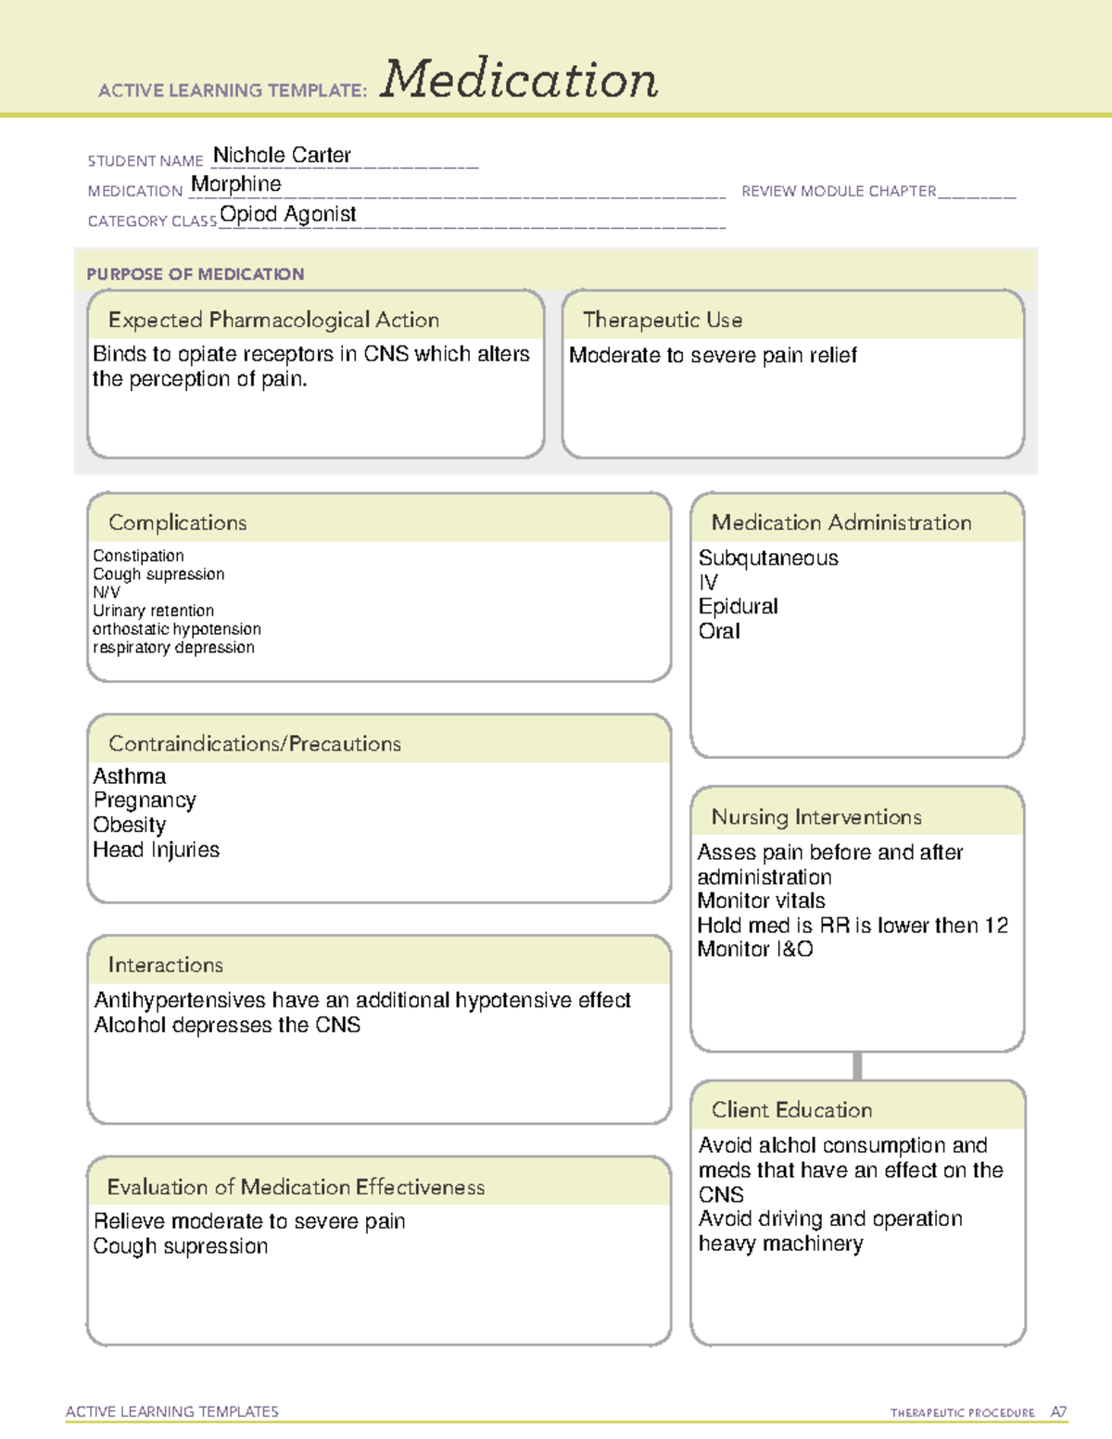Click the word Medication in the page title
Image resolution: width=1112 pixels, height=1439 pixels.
point(519,80)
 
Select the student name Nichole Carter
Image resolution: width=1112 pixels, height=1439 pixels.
point(282,156)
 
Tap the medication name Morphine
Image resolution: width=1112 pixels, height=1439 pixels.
point(235,184)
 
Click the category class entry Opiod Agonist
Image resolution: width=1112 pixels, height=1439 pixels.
point(288,214)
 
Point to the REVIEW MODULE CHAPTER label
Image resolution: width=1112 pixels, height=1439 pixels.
point(839,192)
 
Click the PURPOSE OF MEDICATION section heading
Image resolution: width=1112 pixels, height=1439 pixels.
point(196,274)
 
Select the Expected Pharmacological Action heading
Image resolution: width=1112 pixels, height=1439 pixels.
point(273,320)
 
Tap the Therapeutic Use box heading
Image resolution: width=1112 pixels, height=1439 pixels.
point(663,320)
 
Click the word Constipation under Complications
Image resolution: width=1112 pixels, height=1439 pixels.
point(138,556)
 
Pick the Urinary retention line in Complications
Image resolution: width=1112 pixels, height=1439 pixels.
point(153,611)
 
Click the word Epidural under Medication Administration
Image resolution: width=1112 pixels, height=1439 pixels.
point(738,606)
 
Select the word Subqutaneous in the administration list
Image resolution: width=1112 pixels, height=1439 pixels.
point(768,558)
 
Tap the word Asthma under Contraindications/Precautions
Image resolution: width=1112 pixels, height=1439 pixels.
point(130,776)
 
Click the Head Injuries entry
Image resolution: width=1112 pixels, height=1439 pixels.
point(156,850)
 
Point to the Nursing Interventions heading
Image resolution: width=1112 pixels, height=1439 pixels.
point(816,817)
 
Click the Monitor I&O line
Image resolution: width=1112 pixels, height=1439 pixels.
point(755,949)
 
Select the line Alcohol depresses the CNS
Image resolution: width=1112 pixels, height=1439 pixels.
point(227,1025)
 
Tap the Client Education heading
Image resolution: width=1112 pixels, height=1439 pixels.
point(791,1110)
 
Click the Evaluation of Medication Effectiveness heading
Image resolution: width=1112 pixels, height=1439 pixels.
point(296,1187)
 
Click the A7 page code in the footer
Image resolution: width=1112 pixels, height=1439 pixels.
point(1058,1412)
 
